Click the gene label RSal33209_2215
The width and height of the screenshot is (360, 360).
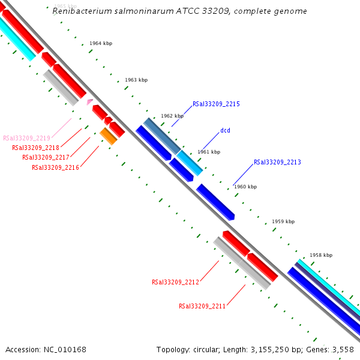[x=216, y=104]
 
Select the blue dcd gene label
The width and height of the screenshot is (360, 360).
[x=225, y=130]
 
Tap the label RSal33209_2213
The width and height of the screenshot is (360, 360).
[x=277, y=162]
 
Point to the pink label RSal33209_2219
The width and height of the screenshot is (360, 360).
[x=26, y=138]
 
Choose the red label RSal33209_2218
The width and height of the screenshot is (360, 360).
[x=35, y=148]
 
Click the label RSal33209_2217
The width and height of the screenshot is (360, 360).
[x=46, y=157]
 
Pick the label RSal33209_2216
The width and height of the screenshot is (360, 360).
[x=55, y=167]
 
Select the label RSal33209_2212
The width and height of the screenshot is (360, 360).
[x=175, y=282]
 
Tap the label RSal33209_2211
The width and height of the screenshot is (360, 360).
[x=202, y=306]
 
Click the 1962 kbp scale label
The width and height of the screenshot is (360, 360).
[x=172, y=116]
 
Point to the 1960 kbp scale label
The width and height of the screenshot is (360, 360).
[x=245, y=187]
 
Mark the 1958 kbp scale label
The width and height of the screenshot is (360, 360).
[x=321, y=255]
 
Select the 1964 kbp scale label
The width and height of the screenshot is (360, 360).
[x=101, y=44]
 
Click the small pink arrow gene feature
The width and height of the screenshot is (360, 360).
[x=89, y=102]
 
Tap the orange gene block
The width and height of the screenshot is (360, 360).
[x=109, y=137]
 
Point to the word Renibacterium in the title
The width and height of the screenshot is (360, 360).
[x=79, y=11]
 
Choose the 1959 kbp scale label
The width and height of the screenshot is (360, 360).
[x=283, y=221]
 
